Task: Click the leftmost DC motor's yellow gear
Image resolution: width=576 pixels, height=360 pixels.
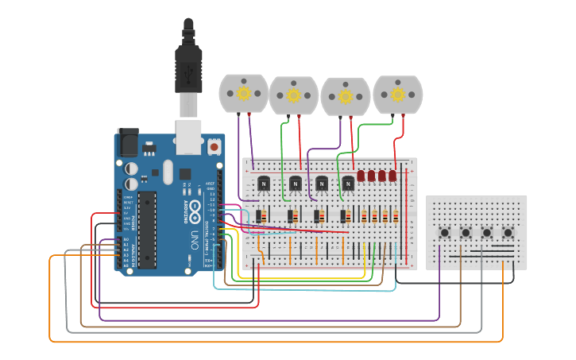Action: point(244,93)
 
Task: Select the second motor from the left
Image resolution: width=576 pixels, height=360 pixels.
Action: point(294,95)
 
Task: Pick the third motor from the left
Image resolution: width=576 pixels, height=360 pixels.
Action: point(346,96)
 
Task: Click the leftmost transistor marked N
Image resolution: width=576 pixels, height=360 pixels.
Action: point(264,184)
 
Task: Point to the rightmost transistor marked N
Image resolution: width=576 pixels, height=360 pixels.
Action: point(348,184)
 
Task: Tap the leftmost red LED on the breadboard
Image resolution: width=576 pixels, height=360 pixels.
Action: point(361,176)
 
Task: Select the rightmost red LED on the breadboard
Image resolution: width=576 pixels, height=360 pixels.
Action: point(392,176)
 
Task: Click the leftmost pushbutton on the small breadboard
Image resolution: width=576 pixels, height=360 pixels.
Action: point(445,233)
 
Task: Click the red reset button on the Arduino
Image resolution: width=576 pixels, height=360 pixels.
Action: point(214,147)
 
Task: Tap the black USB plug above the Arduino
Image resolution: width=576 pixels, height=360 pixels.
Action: point(188,60)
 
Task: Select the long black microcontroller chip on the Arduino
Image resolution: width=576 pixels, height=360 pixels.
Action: point(147,228)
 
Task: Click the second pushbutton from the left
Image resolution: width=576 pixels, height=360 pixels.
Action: point(466,233)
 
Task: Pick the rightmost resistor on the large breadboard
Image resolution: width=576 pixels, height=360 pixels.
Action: point(396,216)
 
